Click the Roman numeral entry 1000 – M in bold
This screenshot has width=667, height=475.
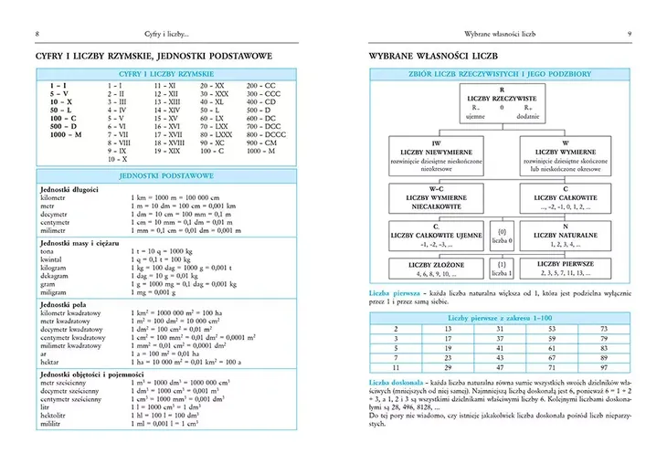coord(66,134)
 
